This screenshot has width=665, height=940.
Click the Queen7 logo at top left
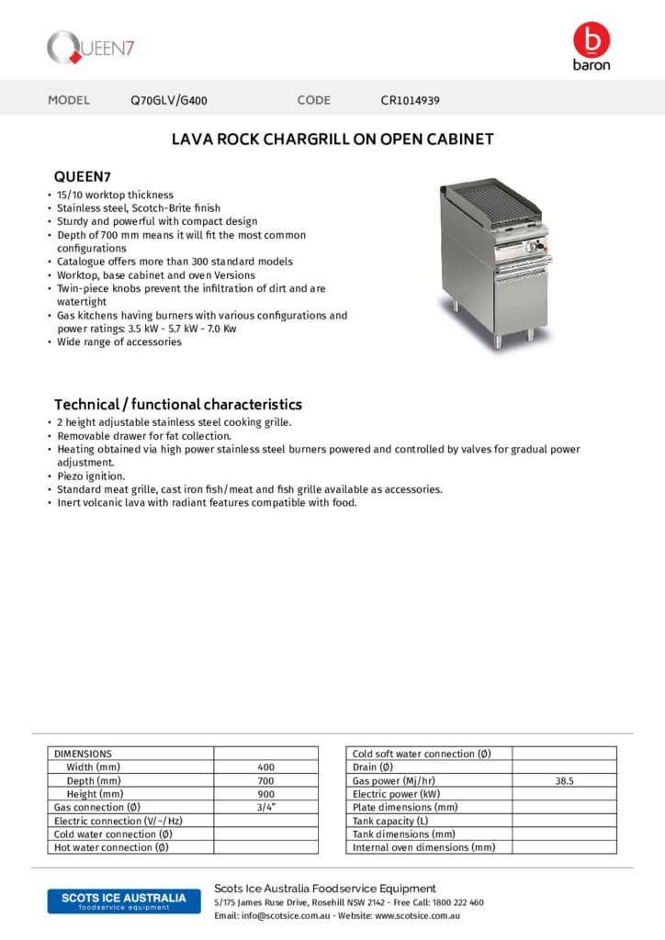(x=92, y=48)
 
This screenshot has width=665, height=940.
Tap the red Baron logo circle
(x=591, y=39)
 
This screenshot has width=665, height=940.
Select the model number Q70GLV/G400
(x=175, y=100)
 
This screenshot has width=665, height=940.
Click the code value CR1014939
(x=410, y=100)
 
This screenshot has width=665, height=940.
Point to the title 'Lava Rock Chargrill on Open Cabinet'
(x=332, y=140)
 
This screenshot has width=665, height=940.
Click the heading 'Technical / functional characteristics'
(x=178, y=404)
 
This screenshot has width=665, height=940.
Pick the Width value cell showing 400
(x=266, y=767)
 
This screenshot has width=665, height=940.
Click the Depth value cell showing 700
(x=266, y=780)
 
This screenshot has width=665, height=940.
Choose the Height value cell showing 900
(x=266, y=794)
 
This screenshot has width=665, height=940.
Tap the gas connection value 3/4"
(x=266, y=807)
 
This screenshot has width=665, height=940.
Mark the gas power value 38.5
(x=564, y=780)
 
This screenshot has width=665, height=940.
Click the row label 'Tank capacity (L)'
(x=390, y=821)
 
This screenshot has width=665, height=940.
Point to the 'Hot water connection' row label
(x=111, y=847)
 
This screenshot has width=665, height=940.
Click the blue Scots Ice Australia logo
(x=117, y=901)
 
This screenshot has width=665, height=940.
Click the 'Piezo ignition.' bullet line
(x=93, y=476)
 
